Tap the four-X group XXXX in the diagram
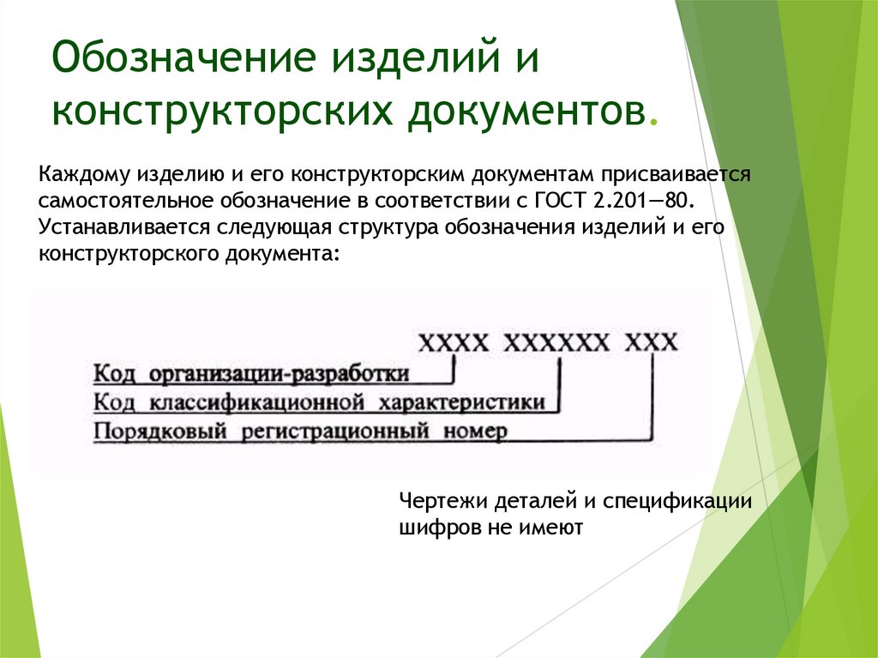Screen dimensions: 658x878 454,343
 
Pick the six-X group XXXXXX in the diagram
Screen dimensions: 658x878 556,343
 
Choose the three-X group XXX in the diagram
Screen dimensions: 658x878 652,343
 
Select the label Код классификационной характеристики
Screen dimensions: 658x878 318,402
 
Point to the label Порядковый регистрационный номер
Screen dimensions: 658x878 299,431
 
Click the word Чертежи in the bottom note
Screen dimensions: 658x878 436,502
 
